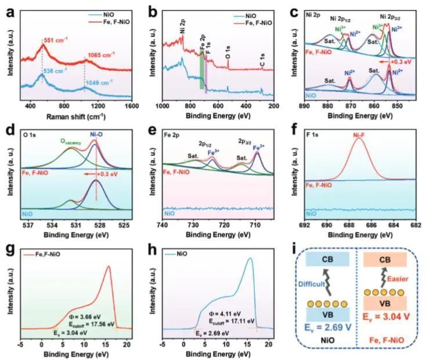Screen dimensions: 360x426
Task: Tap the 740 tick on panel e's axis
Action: tap(163, 225)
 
